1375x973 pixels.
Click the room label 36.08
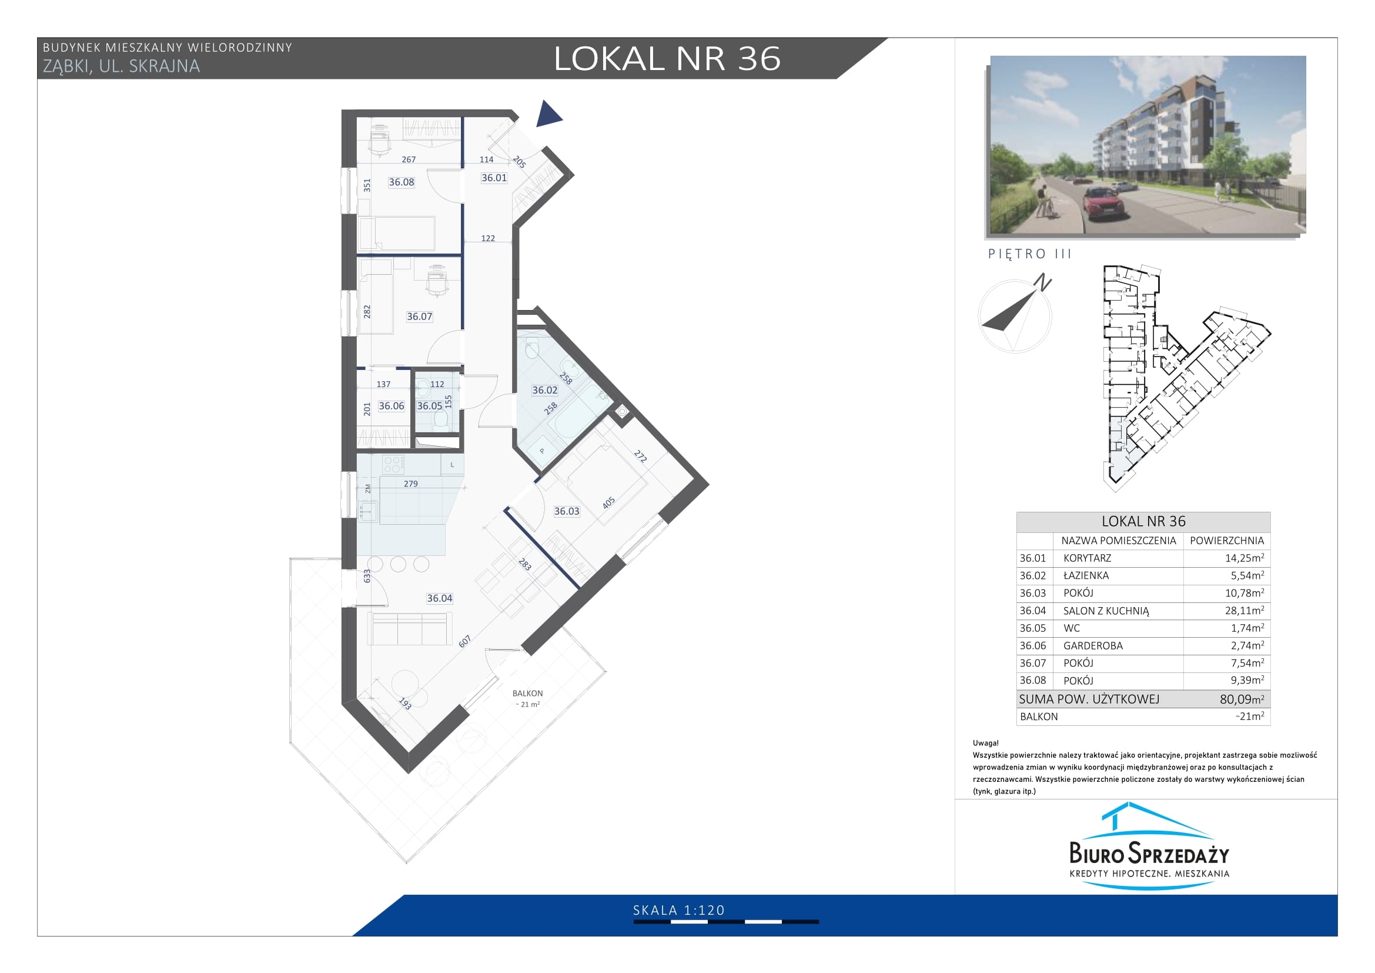pyautogui.click(x=402, y=182)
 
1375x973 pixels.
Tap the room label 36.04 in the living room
pyautogui.click(x=440, y=598)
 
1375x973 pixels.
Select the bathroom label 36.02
pyautogui.click(x=545, y=390)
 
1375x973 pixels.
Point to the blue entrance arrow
pyautogui.click(x=547, y=114)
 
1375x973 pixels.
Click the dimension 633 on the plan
pyautogui.click(x=367, y=576)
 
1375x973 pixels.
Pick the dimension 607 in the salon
pyautogui.click(x=466, y=641)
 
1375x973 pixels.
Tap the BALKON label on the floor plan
pyautogui.click(x=527, y=693)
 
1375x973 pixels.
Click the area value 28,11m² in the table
pyautogui.click(x=1244, y=611)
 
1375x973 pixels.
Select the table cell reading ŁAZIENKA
pyautogui.click(x=1086, y=575)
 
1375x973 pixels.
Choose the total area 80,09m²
pyautogui.click(x=1242, y=699)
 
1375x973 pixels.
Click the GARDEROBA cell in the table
pyautogui.click(x=1093, y=646)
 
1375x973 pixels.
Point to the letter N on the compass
pyautogui.click(x=1043, y=282)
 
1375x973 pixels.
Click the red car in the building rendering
pyautogui.click(x=1102, y=202)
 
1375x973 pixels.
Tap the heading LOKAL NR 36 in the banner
pyautogui.click(x=667, y=59)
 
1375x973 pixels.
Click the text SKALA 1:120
pyautogui.click(x=679, y=911)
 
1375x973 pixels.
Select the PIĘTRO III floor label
pyautogui.click(x=1029, y=254)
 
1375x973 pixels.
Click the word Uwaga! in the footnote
pyautogui.click(x=986, y=743)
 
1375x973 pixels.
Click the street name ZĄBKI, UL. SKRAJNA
pyautogui.click(x=122, y=66)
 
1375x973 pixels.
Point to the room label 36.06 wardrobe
pyautogui.click(x=392, y=406)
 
